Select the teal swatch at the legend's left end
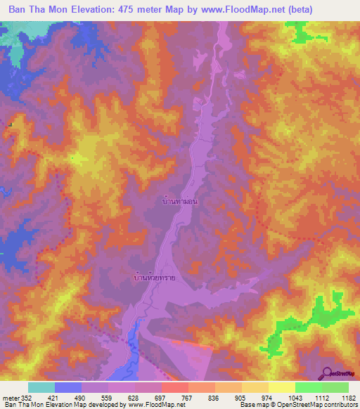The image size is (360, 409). [41, 387]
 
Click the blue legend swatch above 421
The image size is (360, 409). [68, 387]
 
